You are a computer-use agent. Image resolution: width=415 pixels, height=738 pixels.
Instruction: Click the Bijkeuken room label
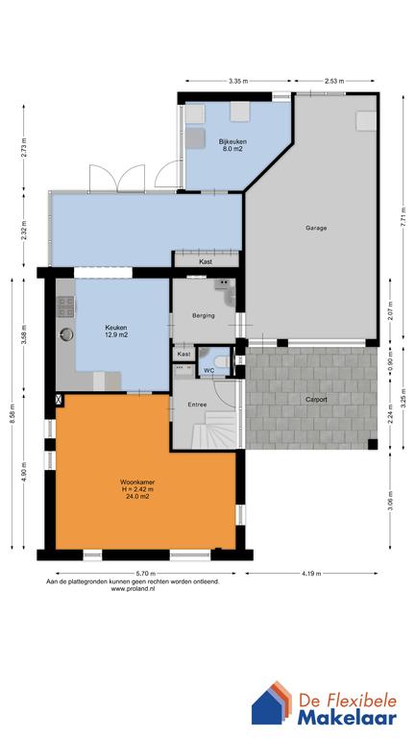tap(232, 141)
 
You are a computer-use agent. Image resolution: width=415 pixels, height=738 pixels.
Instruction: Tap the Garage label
tap(316, 228)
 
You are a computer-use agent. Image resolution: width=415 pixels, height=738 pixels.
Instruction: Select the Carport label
tap(315, 399)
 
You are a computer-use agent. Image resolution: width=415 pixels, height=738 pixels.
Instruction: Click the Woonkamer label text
tap(137, 482)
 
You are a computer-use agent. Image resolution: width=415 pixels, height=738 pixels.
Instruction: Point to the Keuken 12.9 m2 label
tap(116, 332)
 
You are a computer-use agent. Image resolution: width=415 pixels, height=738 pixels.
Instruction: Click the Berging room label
tap(204, 315)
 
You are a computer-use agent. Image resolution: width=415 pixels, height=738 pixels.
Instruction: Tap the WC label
tap(208, 370)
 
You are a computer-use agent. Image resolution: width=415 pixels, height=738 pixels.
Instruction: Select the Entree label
tap(197, 404)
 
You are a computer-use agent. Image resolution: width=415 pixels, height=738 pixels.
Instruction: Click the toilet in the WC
tap(222, 361)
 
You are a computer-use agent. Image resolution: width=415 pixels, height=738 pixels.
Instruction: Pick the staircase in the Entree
tap(214, 430)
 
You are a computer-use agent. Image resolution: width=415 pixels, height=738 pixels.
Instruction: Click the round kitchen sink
tap(66, 334)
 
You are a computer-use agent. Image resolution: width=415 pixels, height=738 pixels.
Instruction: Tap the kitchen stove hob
tap(65, 306)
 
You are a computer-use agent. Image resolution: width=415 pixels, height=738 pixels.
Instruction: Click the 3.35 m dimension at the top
tap(237, 81)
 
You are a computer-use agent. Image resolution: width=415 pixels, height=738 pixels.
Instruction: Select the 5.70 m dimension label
tap(145, 574)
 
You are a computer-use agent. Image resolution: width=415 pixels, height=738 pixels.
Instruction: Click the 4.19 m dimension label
tap(311, 574)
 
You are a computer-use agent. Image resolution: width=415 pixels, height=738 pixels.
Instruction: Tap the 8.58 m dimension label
tap(12, 414)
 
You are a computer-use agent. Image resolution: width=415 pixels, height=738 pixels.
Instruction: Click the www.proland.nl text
tap(134, 588)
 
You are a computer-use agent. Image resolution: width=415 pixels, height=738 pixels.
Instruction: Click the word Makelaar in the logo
tap(347, 718)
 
